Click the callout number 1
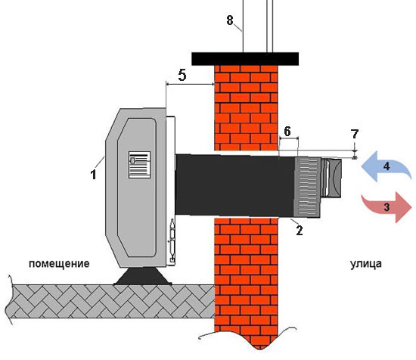[93, 175]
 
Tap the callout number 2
[300, 231]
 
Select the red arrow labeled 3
[387, 207]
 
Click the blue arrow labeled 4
[387, 166]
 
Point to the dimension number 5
[182, 75]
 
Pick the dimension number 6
[287, 132]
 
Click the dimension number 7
[355, 134]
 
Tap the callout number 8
[230, 20]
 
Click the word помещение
[59, 264]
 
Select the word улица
[366, 264]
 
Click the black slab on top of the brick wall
[245, 59]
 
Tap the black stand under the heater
[142, 276]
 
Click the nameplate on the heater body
[140, 165]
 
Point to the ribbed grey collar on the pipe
[307, 188]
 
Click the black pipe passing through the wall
[234, 185]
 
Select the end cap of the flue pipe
[331, 178]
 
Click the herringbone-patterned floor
[110, 301]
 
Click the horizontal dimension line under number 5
[190, 85]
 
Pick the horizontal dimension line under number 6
[289, 138]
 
